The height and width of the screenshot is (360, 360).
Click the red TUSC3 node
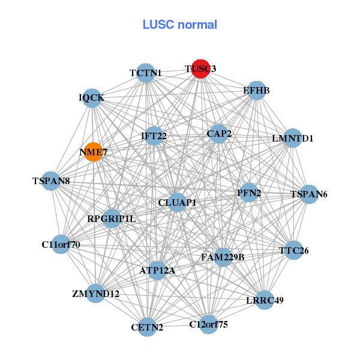[200, 69]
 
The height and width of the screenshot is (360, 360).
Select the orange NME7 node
[93, 152]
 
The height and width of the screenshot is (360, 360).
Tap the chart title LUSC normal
[179, 25]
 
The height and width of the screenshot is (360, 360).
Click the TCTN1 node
[146, 73]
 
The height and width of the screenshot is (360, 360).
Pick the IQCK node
[93, 98]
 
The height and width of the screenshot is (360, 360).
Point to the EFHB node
[256, 91]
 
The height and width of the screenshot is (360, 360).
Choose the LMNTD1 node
[292, 139]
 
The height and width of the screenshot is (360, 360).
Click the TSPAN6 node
[308, 194]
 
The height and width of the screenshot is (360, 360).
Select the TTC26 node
[293, 250]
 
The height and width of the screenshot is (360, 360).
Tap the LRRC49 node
[265, 299]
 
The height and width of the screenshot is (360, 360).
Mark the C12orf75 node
[208, 325]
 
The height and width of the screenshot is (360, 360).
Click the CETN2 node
[147, 327]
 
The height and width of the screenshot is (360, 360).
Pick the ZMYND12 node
[96, 294]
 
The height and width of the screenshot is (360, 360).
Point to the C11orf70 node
[61, 244]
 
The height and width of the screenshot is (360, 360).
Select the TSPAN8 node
[51, 181]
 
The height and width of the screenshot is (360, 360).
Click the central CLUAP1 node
[177, 203]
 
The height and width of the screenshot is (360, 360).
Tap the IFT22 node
[154, 136]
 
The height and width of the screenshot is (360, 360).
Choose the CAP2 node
[219, 133]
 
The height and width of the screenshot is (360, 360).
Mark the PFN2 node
[248, 193]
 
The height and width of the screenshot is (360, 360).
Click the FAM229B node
[223, 257]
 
